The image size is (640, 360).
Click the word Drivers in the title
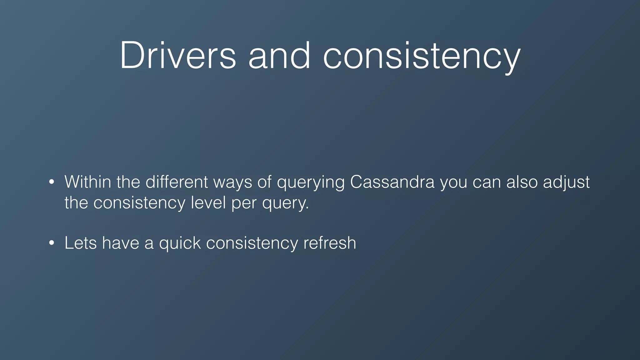177,55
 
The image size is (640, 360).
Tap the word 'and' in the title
279,55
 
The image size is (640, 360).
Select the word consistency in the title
422,56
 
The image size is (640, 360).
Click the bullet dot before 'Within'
52,182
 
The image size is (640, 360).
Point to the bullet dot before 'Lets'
52,243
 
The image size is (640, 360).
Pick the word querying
311,183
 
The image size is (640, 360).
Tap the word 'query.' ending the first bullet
285,204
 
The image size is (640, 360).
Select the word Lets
81,243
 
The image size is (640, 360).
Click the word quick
180,243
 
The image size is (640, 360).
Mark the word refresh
330,243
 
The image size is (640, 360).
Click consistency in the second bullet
252,243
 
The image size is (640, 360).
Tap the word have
120,243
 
